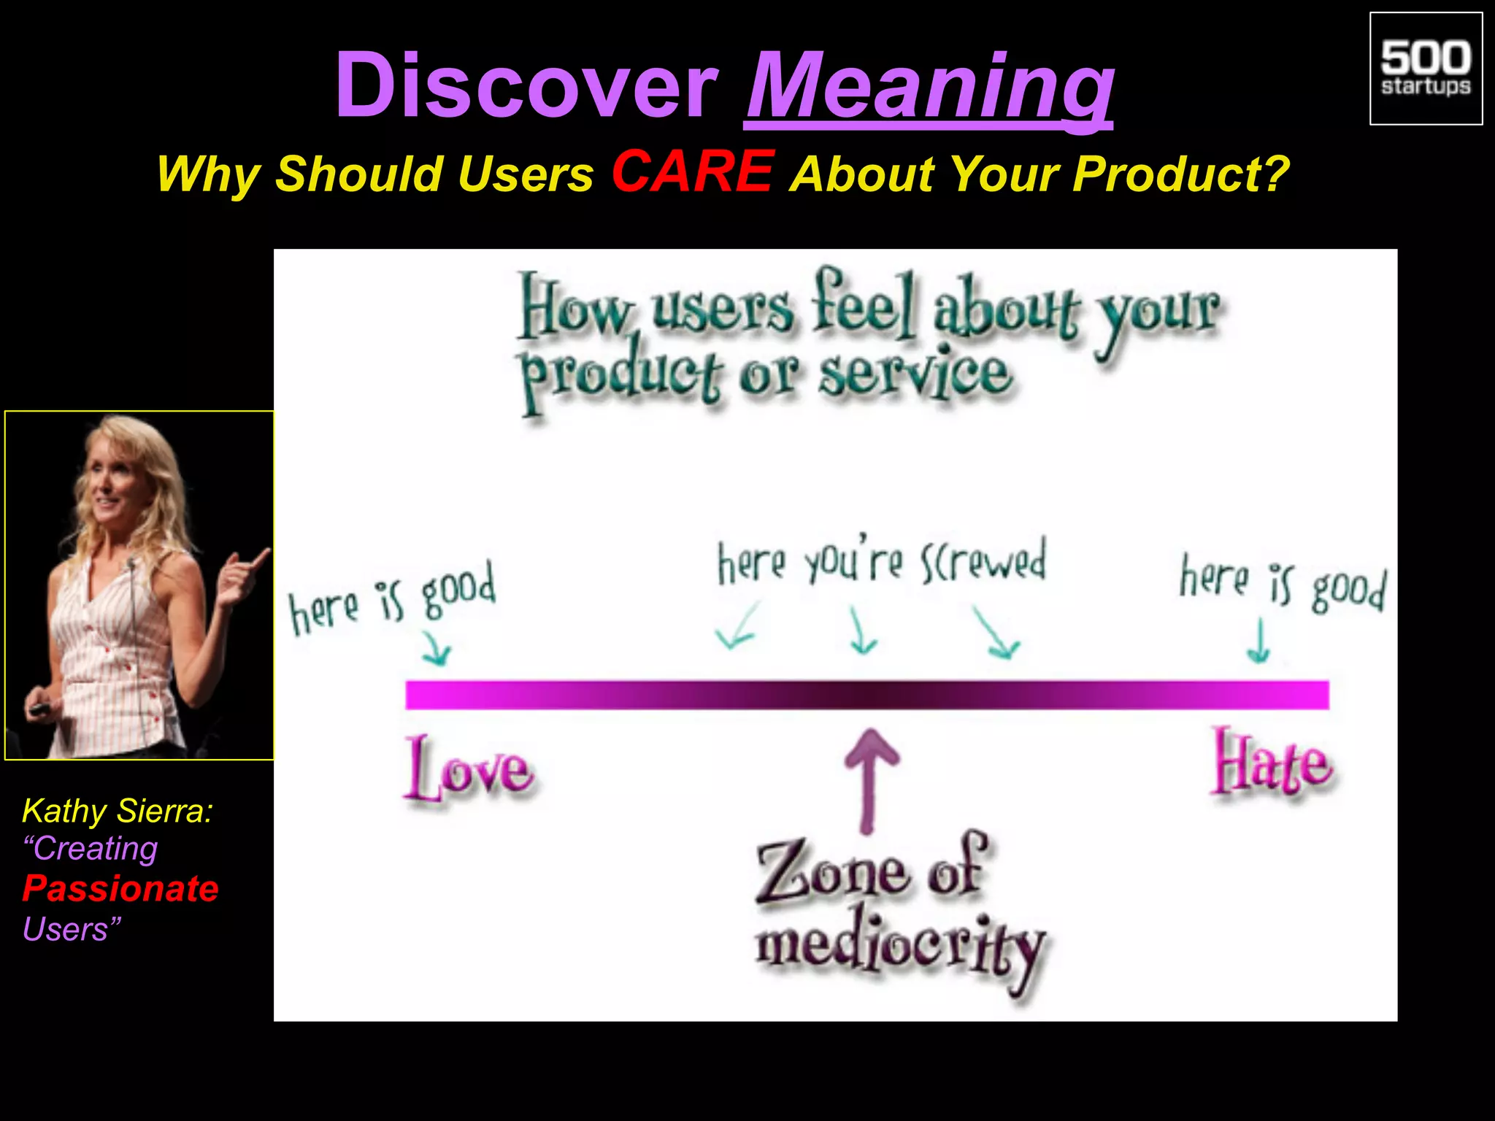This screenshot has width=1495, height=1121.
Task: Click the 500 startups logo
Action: (x=1426, y=69)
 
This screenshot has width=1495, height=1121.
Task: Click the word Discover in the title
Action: (x=526, y=86)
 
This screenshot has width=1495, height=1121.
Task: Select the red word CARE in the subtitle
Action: (x=692, y=172)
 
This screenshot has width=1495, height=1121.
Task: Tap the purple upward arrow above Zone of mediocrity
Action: (x=869, y=777)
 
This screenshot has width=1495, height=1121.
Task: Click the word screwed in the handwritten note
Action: (x=983, y=560)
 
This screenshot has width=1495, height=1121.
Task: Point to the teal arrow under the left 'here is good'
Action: (x=437, y=648)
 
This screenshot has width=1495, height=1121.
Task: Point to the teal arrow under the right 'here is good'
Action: (x=1258, y=640)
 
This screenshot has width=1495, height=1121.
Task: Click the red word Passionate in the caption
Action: (x=120, y=888)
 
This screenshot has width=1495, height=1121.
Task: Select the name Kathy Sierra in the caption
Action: (x=117, y=811)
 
